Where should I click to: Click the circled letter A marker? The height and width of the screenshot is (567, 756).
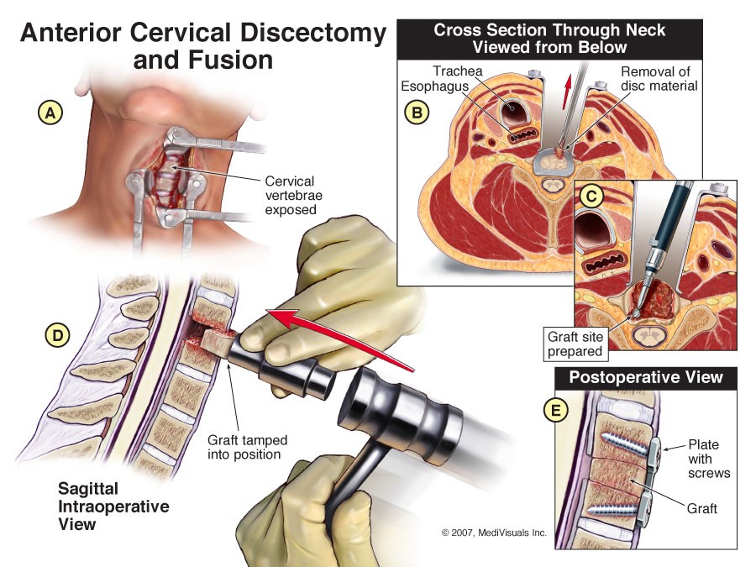click(50, 113)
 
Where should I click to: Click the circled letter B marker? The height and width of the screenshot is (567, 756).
click(417, 113)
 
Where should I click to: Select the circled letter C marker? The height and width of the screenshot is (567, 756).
click(591, 196)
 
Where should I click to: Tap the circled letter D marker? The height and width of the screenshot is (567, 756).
click(58, 335)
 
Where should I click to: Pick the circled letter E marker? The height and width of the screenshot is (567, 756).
click(556, 410)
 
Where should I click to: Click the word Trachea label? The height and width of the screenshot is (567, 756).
click(458, 71)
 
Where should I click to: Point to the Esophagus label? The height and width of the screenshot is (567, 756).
click(435, 87)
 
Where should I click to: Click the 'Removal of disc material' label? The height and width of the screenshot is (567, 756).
click(659, 79)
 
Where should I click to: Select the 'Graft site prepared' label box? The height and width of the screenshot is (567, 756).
click(575, 344)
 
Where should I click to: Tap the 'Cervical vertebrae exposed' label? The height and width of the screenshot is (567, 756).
click(294, 195)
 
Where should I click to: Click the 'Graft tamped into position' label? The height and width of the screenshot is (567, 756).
click(247, 447)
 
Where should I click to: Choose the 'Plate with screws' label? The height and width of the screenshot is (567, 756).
click(709, 459)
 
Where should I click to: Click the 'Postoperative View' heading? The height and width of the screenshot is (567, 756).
click(646, 377)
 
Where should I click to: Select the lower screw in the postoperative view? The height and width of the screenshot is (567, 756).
click(615, 508)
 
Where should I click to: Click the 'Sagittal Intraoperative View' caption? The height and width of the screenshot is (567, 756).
click(113, 507)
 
